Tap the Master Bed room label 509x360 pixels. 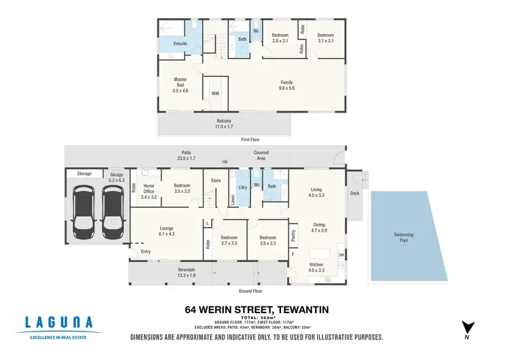click(x=180, y=84)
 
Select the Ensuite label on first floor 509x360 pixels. click(x=180, y=43)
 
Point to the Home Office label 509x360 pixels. click(x=148, y=190)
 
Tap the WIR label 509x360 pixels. click(x=215, y=93)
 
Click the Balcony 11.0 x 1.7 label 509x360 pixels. click(x=224, y=124)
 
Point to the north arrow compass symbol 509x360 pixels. click(x=465, y=328)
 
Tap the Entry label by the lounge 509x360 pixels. click(x=146, y=252)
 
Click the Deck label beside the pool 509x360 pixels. click(x=354, y=193)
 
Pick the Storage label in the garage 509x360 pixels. click(x=84, y=174)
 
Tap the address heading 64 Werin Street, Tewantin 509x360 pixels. click(x=257, y=310)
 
